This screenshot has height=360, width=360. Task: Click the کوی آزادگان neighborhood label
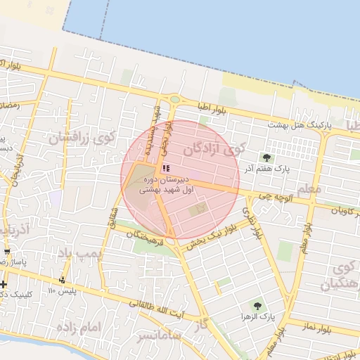215,149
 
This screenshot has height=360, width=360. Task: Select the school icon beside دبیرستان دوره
166,168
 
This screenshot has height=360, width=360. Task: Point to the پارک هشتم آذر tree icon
266,157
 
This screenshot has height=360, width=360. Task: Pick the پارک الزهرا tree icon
257,306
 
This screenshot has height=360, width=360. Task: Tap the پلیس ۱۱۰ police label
62,290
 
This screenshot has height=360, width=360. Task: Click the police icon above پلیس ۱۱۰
62,280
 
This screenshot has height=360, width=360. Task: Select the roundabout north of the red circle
174,100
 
